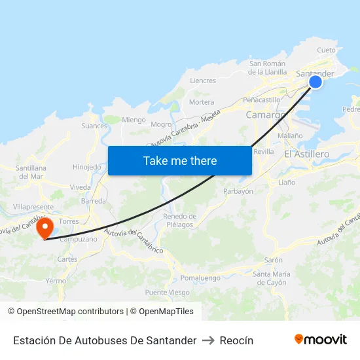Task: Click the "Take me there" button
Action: pyautogui.click(x=180, y=160)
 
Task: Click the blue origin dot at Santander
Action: pyautogui.click(x=315, y=82)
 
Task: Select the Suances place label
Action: pyautogui.click(x=94, y=126)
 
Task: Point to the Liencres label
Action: pyautogui.click(x=202, y=81)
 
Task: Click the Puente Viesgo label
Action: pyautogui.click(x=168, y=293)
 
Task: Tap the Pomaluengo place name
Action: pyautogui.click(x=200, y=278)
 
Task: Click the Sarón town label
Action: pyautogui.click(x=274, y=259)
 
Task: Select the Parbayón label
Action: pyautogui.click(x=238, y=191)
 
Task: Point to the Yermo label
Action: pyautogui.click(x=56, y=281)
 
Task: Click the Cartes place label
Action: pyautogui.click(x=67, y=259)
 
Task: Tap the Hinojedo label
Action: pyautogui.click(x=87, y=167)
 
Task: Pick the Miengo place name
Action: pyautogui.click(x=134, y=120)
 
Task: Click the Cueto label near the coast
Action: pyautogui.click(x=326, y=50)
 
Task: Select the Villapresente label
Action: pyautogui.click(x=33, y=206)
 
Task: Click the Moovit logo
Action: pyautogui.click(x=321, y=339)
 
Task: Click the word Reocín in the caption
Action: pyautogui.click(x=236, y=340)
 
